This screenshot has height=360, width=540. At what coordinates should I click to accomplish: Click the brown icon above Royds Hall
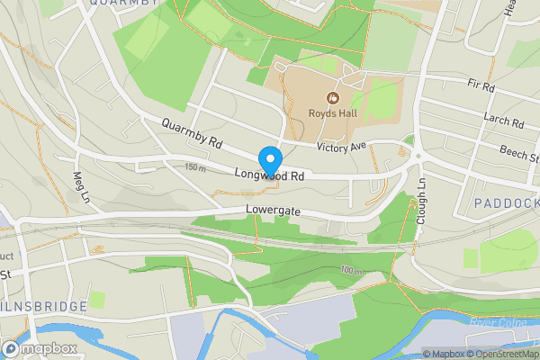333,97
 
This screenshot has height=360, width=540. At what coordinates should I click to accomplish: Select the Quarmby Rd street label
192,134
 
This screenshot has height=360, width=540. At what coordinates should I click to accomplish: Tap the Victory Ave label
342,147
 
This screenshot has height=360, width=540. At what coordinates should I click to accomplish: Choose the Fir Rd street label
482,87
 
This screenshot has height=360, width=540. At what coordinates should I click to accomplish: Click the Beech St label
520,154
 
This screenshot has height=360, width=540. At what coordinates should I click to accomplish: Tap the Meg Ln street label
82,185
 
